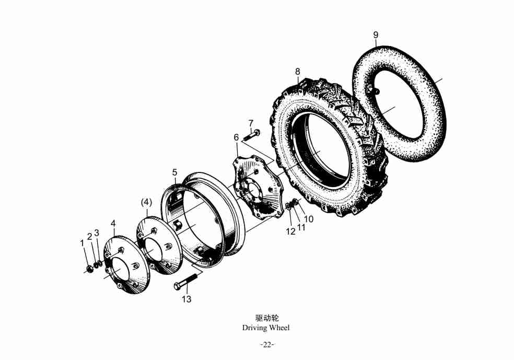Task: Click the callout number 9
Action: click(376, 35)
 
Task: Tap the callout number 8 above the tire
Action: click(297, 72)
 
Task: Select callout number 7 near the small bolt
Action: click(251, 124)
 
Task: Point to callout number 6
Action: click(236, 137)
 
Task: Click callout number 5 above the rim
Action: click(174, 172)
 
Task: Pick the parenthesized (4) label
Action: click(147, 203)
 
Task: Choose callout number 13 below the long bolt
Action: click(186, 299)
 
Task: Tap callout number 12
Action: click(290, 231)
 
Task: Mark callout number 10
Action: click(309, 219)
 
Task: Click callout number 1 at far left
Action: click(83, 243)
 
